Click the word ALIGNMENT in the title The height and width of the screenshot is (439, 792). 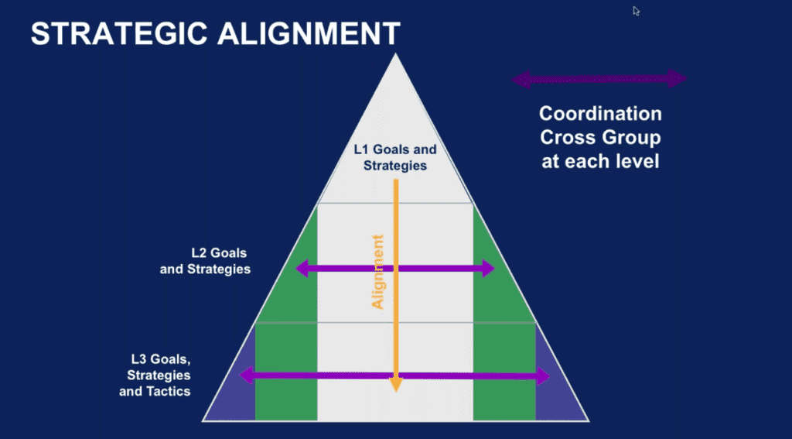(309, 34)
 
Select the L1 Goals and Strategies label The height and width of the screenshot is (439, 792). (395, 158)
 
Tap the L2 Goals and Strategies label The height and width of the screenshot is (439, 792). (205, 261)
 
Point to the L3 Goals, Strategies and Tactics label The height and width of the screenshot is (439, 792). (155, 376)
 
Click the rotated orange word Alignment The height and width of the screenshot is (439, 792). (377, 272)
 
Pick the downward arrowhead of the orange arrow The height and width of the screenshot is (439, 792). (396, 384)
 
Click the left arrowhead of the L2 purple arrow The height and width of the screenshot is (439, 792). (302, 268)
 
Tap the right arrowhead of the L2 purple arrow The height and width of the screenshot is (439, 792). (488, 268)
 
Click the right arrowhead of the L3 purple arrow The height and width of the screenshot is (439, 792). (544, 376)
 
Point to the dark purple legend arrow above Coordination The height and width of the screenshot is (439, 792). (599, 79)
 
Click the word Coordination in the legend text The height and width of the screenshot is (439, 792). (600, 114)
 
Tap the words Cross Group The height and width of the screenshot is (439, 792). (600, 138)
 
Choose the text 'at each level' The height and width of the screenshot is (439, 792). (600, 161)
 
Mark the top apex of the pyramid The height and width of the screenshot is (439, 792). (396, 53)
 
